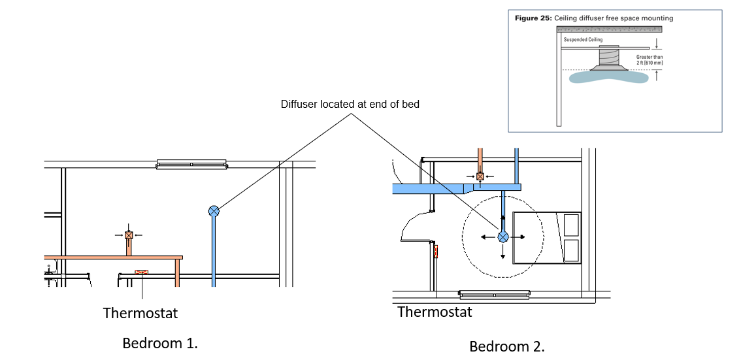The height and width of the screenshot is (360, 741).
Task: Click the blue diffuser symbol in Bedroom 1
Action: [x=214, y=211]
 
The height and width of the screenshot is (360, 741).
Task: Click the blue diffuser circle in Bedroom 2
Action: [x=503, y=238]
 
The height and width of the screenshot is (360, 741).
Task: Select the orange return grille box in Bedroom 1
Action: [x=129, y=235]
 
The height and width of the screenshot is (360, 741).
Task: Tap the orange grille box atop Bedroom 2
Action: [x=480, y=176]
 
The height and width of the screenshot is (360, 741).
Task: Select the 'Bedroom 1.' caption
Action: [x=160, y=343]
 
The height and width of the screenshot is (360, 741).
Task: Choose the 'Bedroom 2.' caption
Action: [x=507, y=346]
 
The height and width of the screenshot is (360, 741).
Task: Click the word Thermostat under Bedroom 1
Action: [x=140, y=313]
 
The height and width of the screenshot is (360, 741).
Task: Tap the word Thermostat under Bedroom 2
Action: [x=435, y=312]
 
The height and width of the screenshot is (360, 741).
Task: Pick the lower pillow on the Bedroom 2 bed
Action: [x=571, y=250]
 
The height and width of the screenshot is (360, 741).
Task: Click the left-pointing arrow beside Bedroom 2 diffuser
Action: [x=487, y=238]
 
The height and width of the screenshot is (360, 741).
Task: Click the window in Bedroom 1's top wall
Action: [x=191, y=164]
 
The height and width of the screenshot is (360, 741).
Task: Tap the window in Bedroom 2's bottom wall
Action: [x=494, y=295]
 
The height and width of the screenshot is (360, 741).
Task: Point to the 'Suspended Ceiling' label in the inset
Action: [x=583, y=40]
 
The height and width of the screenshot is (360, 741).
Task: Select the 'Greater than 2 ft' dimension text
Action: [x=649, y=60]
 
